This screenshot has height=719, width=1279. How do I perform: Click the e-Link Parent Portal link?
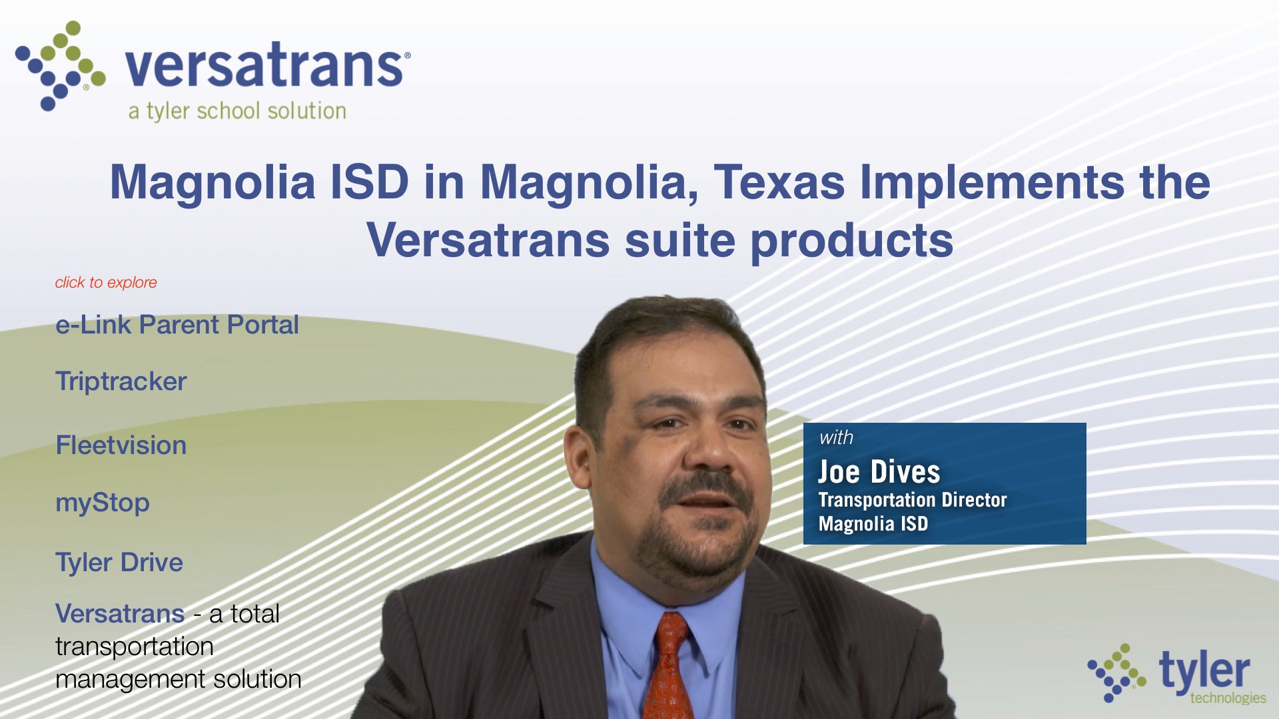coord(177,325)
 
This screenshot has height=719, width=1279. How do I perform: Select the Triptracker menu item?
coord(121,382)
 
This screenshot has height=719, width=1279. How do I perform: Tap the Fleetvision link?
coord(121,445)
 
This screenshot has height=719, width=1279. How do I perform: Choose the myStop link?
coord(103,503)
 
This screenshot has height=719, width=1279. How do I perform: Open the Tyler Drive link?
coord(119,563)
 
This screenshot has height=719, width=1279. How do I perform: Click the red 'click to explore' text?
coord(106,282)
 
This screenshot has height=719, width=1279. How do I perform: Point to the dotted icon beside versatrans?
coord(60,65)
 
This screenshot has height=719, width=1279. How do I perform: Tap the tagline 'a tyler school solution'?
coord(237,111)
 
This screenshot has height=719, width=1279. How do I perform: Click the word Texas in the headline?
coord(779,182)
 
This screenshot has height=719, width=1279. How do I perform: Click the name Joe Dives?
coord(879,472)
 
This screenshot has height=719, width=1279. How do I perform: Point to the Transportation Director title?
coord(913,500)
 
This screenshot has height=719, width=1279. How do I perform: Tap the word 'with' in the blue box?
coord(836,437)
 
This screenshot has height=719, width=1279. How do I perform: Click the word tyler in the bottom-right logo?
coord(1204,670)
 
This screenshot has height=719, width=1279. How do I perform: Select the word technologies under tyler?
coord(1228,698)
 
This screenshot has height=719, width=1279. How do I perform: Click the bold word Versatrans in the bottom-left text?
coord(120,614)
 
